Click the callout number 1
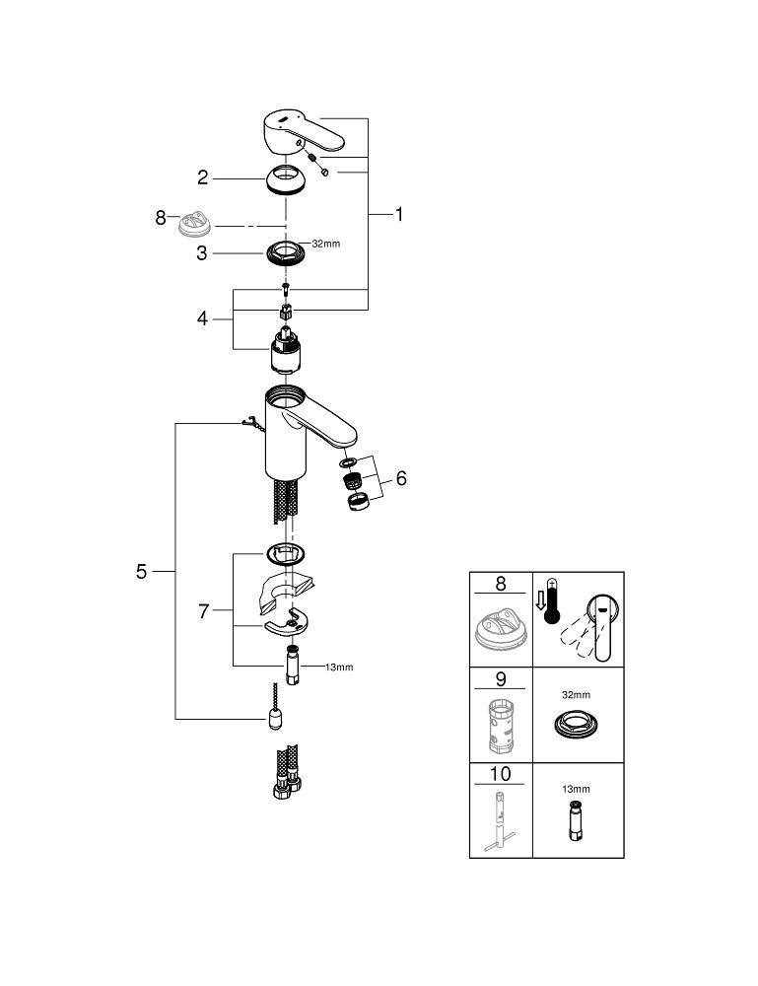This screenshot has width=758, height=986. (398, 214)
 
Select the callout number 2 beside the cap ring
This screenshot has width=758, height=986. (202, 177)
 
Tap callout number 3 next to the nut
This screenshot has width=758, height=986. (201, 252)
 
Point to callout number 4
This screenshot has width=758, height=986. (202, 318)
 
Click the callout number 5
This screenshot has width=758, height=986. (141, 572)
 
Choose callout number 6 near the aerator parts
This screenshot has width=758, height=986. (401, 478)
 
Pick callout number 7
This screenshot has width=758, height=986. (203, 611)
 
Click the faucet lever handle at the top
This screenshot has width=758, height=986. (303, 131)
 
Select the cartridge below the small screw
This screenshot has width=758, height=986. (283, 350)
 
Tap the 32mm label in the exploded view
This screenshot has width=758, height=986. (326, 244)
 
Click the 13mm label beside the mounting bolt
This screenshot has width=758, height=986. (339, 668)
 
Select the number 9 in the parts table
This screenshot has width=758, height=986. (501, 679)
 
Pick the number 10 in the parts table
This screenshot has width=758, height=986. (501, 773)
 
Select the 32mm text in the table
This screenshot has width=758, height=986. (576, 695)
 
